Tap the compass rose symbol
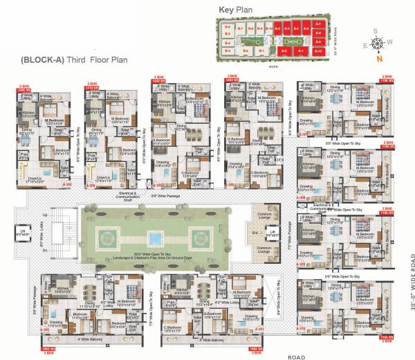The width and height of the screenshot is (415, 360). [377, 44]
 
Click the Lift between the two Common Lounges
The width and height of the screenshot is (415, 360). [274, 233]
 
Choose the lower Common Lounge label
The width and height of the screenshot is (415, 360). [267, 249]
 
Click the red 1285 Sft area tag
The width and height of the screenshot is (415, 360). [25, 90]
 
